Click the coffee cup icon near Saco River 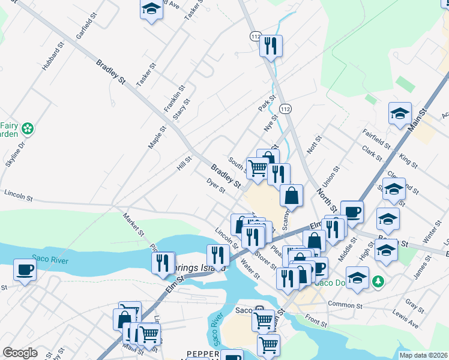tap(25, 269)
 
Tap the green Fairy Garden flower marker tap(27, 128)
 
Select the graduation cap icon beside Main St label tap(400, 113)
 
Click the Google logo tap(20, 353)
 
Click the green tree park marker tap(378, 281)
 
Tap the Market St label tap(134, 224)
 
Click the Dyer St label tap(215, 185)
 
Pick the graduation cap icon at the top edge tap(151, 9)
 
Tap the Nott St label tap(314, 143)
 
